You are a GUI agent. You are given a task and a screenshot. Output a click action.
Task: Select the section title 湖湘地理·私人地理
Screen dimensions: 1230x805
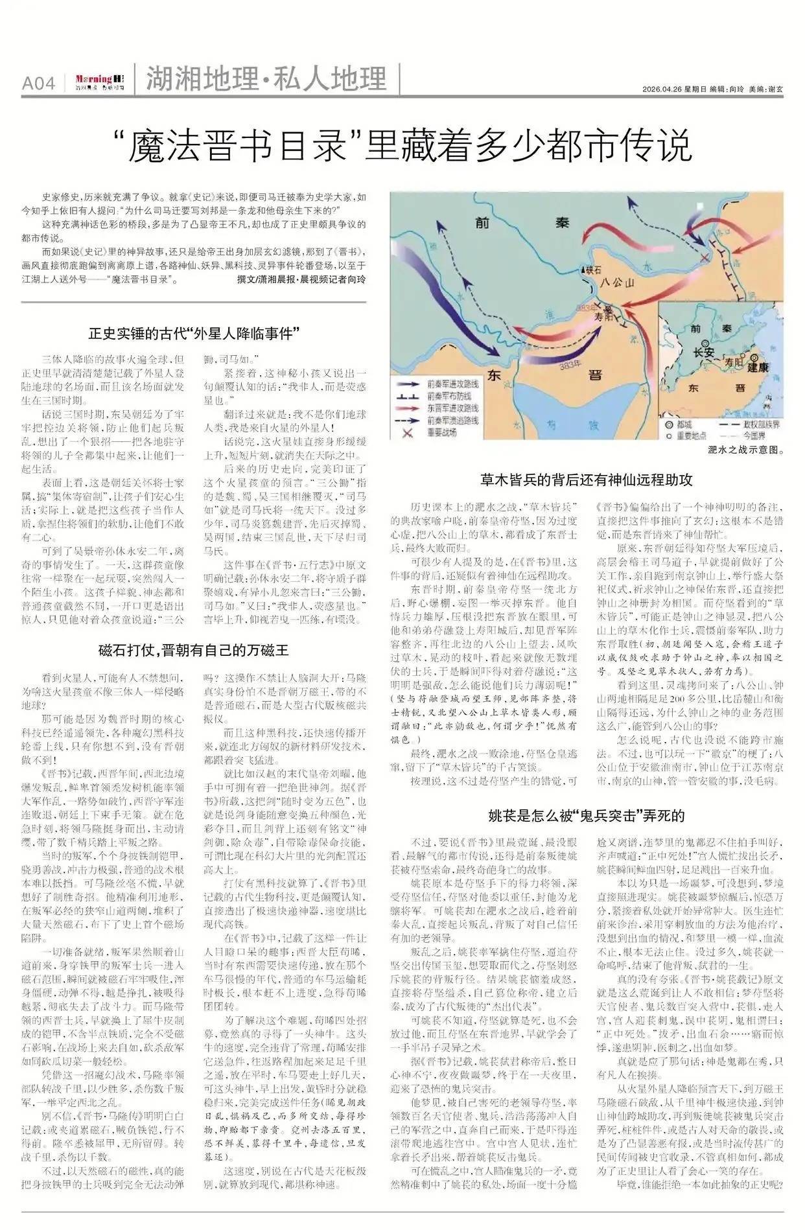(266, 79)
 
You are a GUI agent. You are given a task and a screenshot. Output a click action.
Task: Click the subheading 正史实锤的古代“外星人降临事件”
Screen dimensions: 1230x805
(194, 334)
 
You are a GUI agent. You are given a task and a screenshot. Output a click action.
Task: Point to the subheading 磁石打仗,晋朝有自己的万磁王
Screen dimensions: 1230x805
(194, 650)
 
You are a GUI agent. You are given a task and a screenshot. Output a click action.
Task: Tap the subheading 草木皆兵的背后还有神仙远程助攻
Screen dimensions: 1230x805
(586, 480)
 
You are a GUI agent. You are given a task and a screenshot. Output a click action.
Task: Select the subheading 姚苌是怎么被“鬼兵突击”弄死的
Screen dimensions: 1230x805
(586, 815)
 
